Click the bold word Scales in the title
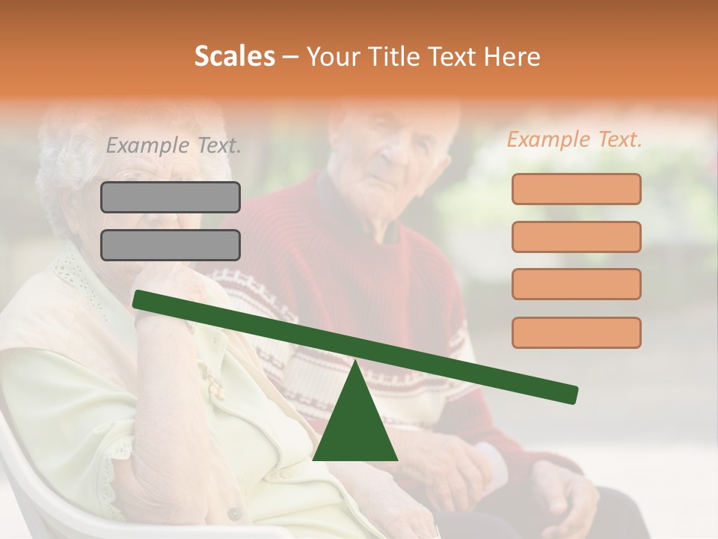[234, 56]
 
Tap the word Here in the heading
[512, 57]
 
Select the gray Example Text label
[174, 145]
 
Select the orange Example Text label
[574, 139]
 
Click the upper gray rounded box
[171, 197]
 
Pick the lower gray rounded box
[171, 245]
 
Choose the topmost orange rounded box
[576, 189]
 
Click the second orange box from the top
[576, 237]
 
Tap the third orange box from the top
[576, 284]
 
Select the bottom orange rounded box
[576, 332]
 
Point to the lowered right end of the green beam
[570, 394]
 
